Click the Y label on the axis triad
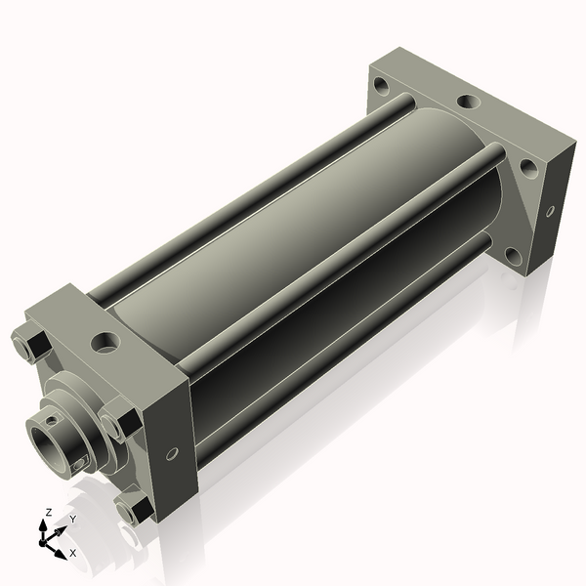click(71, 520)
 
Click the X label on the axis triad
click(73, 553)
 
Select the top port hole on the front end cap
click(105, 343)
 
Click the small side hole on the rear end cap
click(550, 209)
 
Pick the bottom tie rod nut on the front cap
click(132, 508)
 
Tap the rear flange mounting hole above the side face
click(528, 167)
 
